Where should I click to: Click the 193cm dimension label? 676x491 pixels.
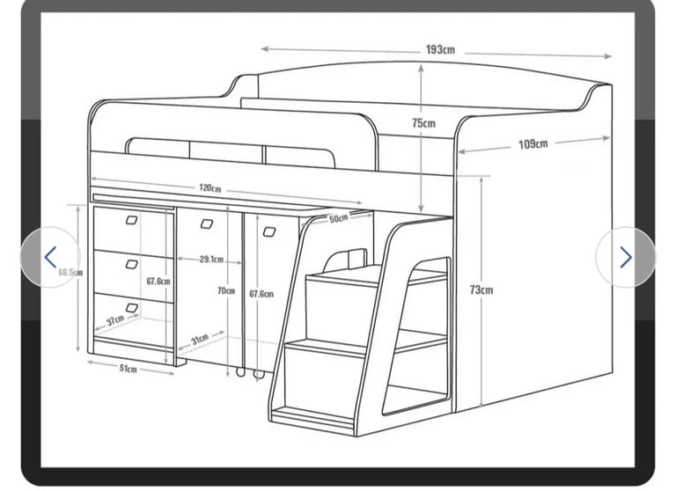coord(440,49)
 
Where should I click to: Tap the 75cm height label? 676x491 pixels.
coord(423,123)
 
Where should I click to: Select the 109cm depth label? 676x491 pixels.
coord(533,143)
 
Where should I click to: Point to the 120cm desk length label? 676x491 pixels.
coord(210,188)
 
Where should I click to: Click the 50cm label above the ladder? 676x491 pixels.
coord(338,218)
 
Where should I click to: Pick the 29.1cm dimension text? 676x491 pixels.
coord(211,259)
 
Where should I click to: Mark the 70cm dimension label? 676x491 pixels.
coord(226,291)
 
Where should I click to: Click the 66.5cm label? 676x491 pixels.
coord(70,273)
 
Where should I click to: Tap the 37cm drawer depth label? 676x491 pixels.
coord(115,320)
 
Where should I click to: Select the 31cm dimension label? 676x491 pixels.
coord(200,339)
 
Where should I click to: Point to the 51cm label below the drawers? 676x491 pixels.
coord(128,368)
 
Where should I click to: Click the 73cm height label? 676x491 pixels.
coord(481,290)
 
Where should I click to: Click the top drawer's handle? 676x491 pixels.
coord(131,220)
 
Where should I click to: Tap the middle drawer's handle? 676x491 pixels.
coord(131,264)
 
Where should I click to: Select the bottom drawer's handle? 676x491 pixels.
coord(131,308)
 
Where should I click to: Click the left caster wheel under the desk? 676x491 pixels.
coord(240,372)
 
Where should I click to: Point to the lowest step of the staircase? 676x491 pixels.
coord(314,415)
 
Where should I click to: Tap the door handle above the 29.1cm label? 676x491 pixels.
coord(207,224)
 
